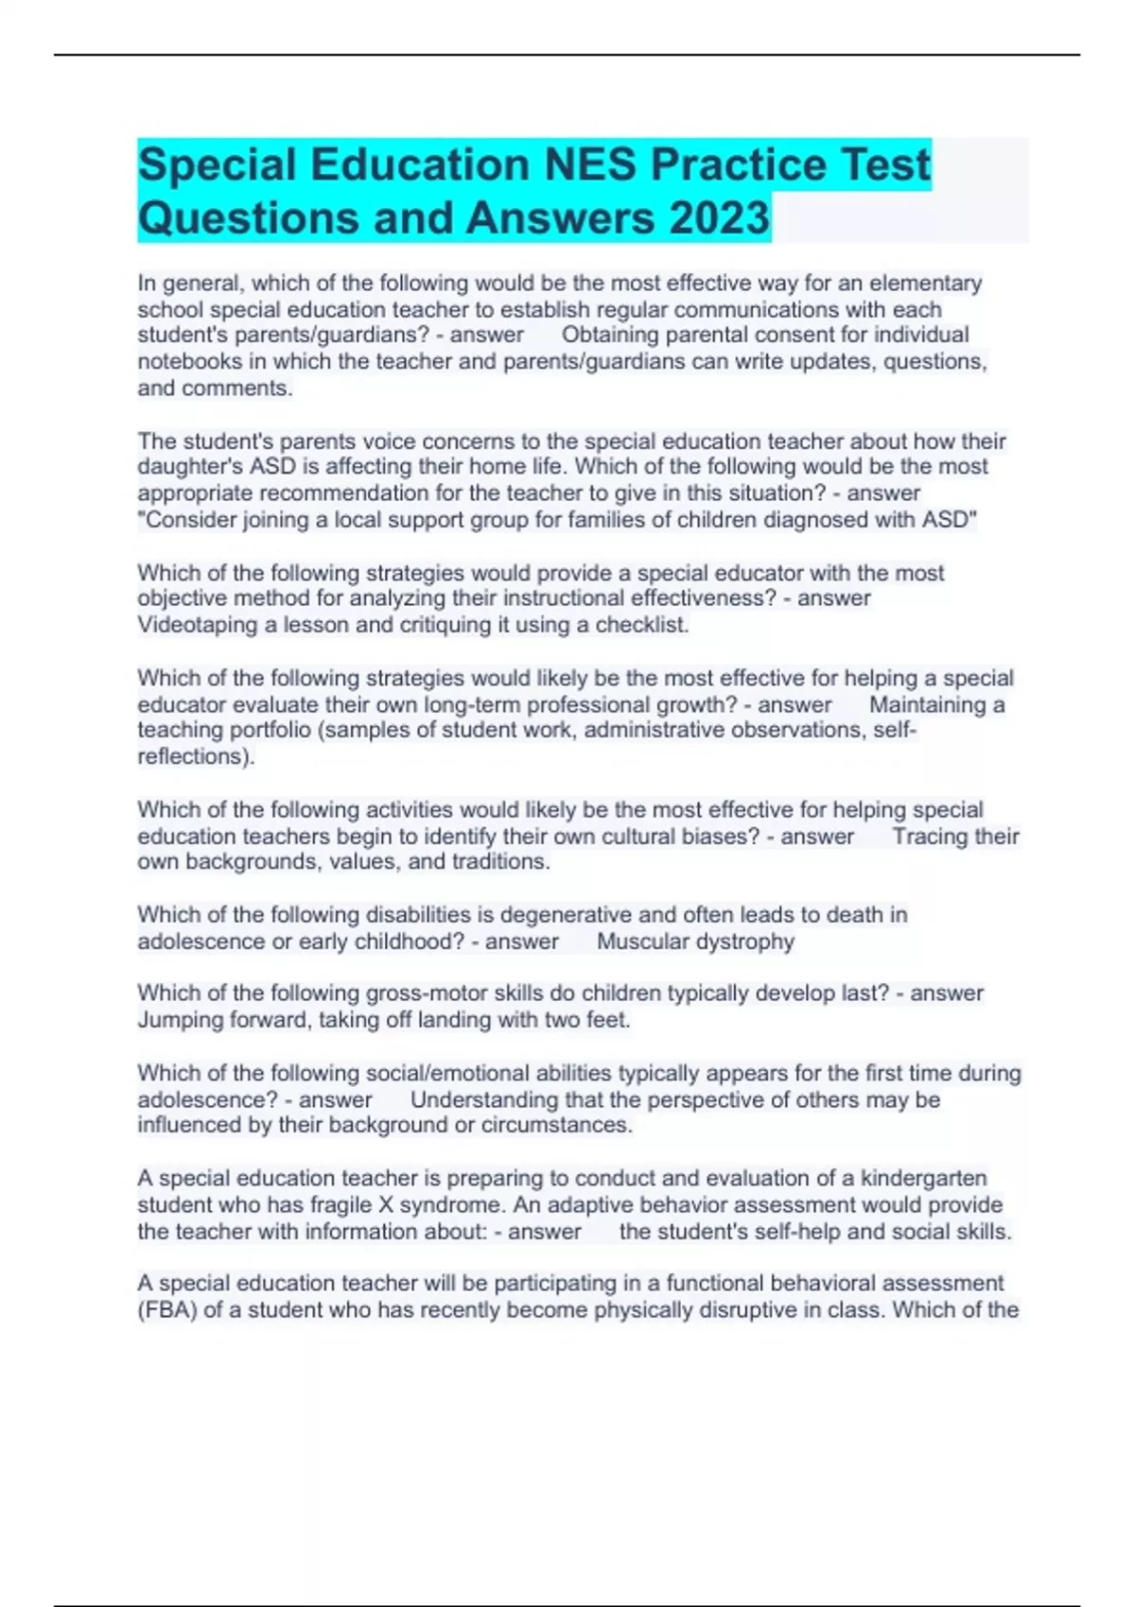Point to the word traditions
(x=500, y=862)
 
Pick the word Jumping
(x=180, y=1020)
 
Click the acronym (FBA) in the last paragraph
(x=166, y=1310)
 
